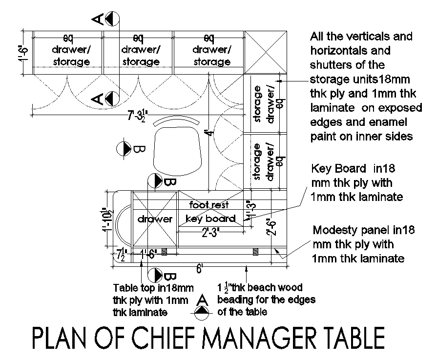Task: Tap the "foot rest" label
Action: (x=209, y=205)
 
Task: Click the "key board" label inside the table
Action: (x=211, y=219)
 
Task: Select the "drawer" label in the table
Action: (x=155, y=219)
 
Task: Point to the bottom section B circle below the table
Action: (x=155, y=275)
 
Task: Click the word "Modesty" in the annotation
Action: (x=333, y=230)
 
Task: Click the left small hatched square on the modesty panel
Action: (x=165, y=252)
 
